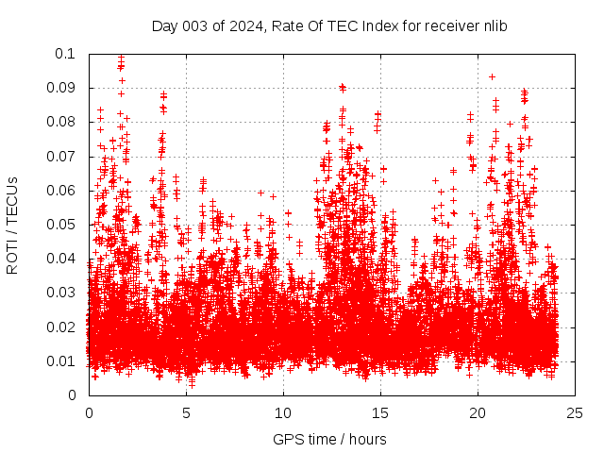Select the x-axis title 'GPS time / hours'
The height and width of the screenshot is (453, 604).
tap(329, 439)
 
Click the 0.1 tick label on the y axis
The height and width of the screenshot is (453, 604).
tap(65, 54)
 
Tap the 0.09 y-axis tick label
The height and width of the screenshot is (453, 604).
tap(62, 88)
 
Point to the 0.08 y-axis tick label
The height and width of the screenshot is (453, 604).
tap(62, 122)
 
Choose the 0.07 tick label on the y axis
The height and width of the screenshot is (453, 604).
tap(62, 157)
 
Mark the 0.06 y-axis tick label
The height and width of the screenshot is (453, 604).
tap(62, 191)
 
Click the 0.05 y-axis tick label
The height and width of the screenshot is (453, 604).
tap(62, 225)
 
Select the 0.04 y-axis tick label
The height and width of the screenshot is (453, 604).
tap(62, 259)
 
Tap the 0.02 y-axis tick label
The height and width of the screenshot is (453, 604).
tap(62, 327)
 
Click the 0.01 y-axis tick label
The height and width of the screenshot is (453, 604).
tap(62, 361)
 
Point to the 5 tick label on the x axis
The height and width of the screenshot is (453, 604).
tap(186, 412)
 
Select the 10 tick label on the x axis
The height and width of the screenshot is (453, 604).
tap(283, 412)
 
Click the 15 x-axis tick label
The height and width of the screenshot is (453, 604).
tap(380, 412)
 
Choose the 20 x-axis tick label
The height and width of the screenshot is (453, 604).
tap(478, 412)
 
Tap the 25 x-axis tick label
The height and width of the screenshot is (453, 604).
tap(575, 412)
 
